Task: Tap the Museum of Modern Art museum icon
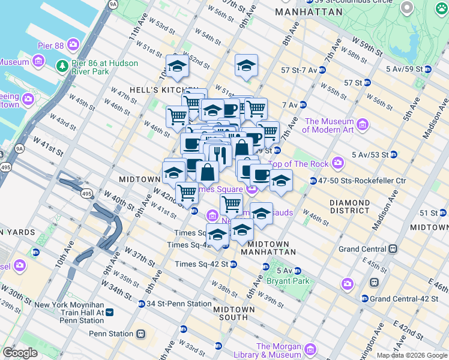[x=363, y=125]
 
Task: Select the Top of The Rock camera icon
[x=338, y=163]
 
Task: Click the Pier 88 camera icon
[x=73, y=44]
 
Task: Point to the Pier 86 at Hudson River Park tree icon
[x=61, y=64]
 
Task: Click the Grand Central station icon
[x=393, y=248]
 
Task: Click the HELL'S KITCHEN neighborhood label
[x=146, y=89]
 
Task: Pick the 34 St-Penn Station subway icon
[x=142, y=304]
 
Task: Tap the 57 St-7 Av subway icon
[x=322, y=70]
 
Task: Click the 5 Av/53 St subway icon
[x=393, y=154]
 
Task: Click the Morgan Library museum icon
[x=310, y=349]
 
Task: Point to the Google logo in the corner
[x=20, y=353]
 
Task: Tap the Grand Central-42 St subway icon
[x=364, y=298]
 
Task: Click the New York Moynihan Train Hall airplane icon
[x=109, y=312]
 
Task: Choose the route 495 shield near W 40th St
[x=87, y=194]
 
